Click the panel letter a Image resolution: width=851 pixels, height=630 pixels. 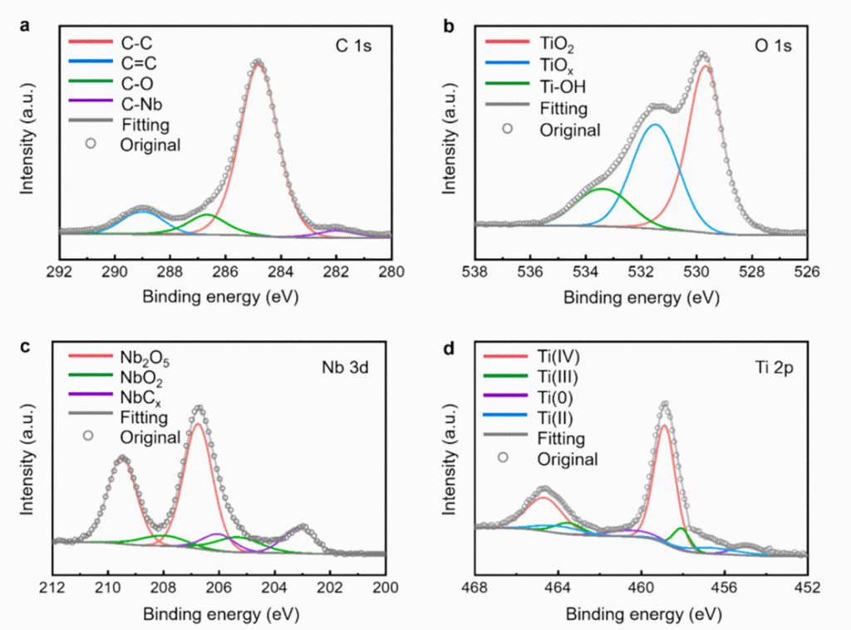(x=26, y=26)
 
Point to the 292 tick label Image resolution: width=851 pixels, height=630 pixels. (x=58, y=271)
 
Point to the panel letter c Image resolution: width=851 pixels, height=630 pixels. (x=26, y=346)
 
